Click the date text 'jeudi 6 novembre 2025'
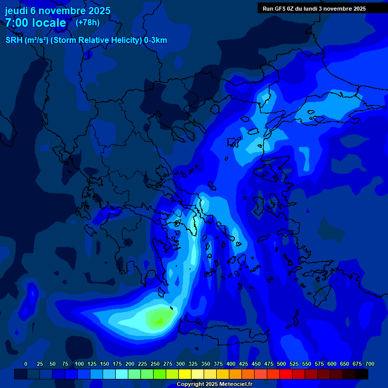[x=58, y=11]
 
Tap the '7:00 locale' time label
[x=35, y=23]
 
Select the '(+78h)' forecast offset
[x=87, y=23]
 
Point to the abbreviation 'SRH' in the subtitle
[x=14, y=40]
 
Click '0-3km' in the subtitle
[x=155, y=40]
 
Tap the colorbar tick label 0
[x=26, y=364]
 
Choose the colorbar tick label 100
[x=79, y=364]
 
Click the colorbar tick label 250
[x=155, y=364]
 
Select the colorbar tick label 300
[x=180, y=364]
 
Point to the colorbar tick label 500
[x=281, y=364]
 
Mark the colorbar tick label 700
[x=370, y=364]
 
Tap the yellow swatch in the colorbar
[x=185, y=374]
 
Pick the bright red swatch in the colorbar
[x=286, y=374]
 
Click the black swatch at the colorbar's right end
[x=362, y=374]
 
